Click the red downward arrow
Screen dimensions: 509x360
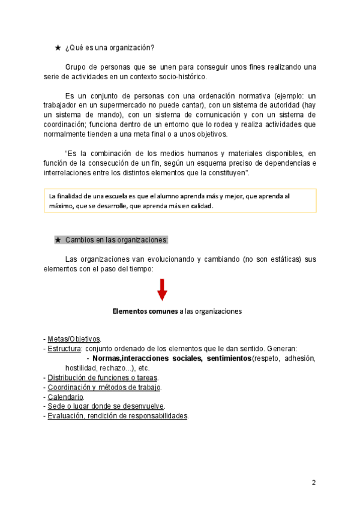(x=162, y=291)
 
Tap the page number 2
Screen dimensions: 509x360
(x=313, y=483)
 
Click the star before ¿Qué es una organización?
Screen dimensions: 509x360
(x=58, y=47)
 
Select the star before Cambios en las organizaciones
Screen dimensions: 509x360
(x=58, y=240)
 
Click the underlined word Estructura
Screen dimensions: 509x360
(x=64, y=349)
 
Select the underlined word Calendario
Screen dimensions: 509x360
(x=66, y=397)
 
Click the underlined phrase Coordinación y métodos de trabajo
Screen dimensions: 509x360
(x=104, y=387)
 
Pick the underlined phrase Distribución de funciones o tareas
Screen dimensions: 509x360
(x=103, y=378)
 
